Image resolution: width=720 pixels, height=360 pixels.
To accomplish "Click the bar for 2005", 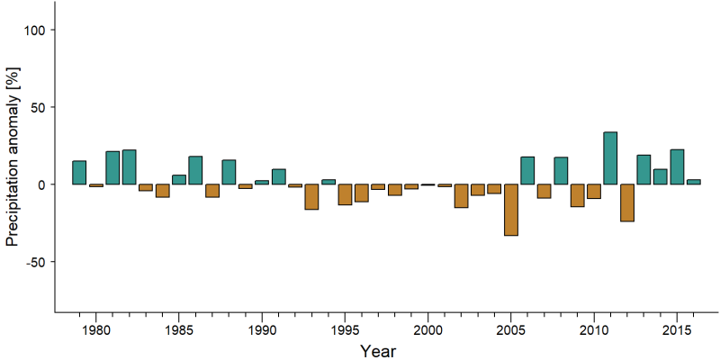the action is (511, 210).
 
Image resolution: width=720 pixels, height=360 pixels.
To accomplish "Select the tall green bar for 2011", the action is (610, 158).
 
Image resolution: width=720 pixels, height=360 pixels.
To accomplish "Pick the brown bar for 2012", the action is (626, 203).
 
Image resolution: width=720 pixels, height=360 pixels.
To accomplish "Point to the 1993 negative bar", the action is (311, 197).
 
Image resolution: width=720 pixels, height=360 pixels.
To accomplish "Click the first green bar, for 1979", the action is (79, 173).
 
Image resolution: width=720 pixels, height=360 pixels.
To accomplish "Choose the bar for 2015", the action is (677, 167).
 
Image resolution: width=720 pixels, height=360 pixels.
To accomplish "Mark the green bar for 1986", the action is (195, 170).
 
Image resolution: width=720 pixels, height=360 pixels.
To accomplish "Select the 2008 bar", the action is (561, 171).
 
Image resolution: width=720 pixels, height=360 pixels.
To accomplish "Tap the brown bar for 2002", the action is (461, 196).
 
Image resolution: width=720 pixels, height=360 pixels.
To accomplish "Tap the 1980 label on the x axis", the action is (95, 330).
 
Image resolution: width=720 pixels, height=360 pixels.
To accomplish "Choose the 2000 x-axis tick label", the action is (428, 330).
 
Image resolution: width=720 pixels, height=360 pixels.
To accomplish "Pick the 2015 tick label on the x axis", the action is (677, 330).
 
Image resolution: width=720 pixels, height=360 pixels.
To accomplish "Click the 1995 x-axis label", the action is (345, 330).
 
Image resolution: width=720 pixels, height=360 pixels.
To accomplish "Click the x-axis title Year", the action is (377, 351).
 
